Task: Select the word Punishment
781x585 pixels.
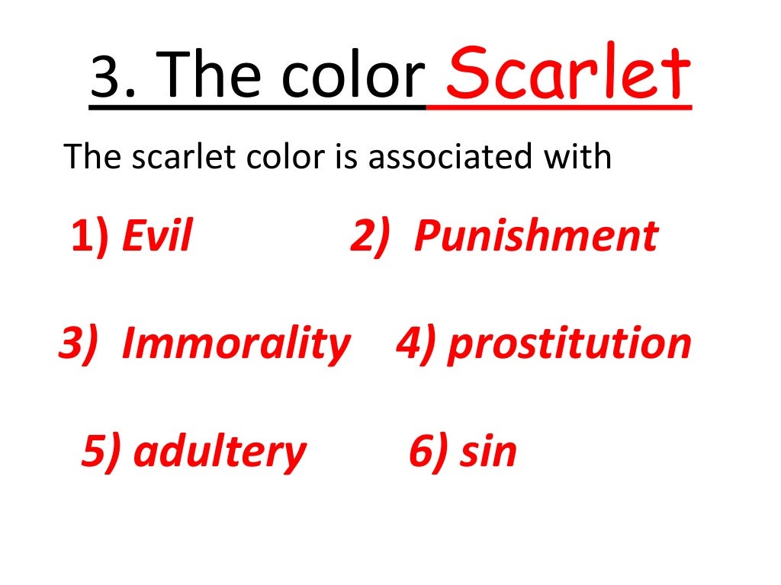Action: (x=535, y=237)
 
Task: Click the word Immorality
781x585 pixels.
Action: (x=235, y=344)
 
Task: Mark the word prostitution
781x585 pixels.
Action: (x=569, y=344)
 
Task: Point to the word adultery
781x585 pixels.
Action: (x=220, y=452)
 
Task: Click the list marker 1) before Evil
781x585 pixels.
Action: (x=90, y=237)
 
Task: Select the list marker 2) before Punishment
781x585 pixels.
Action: (x=371, y=237)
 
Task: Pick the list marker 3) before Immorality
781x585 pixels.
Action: (x=79, y=344)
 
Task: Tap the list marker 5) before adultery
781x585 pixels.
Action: (x=101, y=452)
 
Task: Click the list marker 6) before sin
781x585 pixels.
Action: (x=429, y=452)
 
